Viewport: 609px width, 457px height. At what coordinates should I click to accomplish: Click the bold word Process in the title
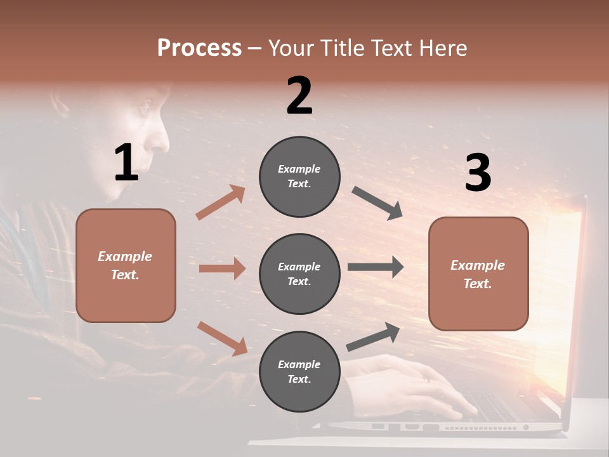pyautogui.click(x=199, y=48)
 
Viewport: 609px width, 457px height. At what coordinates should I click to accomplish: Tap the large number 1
pyautogui.click(x=126, y=163)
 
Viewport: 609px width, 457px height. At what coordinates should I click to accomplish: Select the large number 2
pyautogui.click(x=299, y=96)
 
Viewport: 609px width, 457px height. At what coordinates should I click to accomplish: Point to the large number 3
pyautogui.click(x=478, y=173)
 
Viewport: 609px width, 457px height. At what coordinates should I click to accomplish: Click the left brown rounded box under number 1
pyautogui.click(x=126, y=265)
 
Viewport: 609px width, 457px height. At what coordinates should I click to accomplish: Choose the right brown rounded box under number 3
pyautogui.click(x=478, y=274)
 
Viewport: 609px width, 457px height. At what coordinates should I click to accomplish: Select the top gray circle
pyautogui.click(x=299, y=176)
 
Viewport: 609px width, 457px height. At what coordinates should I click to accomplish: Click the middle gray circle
pyautogui.click(x=299, y=274)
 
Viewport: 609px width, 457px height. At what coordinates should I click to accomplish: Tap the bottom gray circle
pyautogui.click(x=299, y=371)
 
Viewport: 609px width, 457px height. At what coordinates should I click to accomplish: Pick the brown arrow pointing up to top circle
pyautogui.click(x=221, y=202)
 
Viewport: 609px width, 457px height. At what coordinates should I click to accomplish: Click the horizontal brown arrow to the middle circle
pyautogui.click(x=222, y=268)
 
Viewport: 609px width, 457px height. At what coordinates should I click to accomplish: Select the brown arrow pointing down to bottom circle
pyautogui.click(x=222, y=338)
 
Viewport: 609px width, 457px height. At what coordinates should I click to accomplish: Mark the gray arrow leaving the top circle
pyautogui.click(x=377, y=203)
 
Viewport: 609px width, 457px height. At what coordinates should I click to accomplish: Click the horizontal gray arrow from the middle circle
pyautogui.click(x=376, y=267)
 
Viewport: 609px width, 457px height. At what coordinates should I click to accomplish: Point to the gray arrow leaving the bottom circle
pyautogui.click(x=373, y=337)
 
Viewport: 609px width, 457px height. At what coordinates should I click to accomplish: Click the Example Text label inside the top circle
pyautogui.click(x=299, y=176)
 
